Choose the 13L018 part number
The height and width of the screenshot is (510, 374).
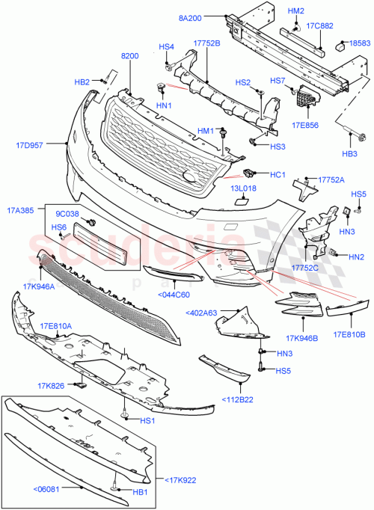pos(243,189)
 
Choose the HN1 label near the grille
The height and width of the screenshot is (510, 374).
pos(165,105)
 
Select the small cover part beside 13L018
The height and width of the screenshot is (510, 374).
pos(244,200)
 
